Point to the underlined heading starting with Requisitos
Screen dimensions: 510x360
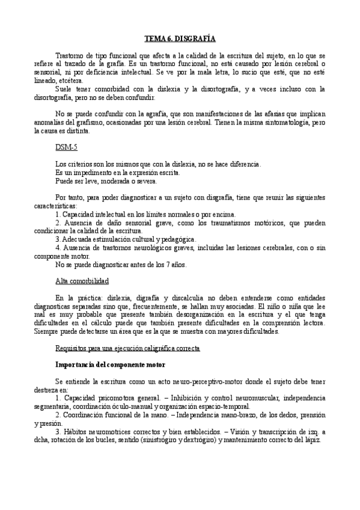pos(127,349)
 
